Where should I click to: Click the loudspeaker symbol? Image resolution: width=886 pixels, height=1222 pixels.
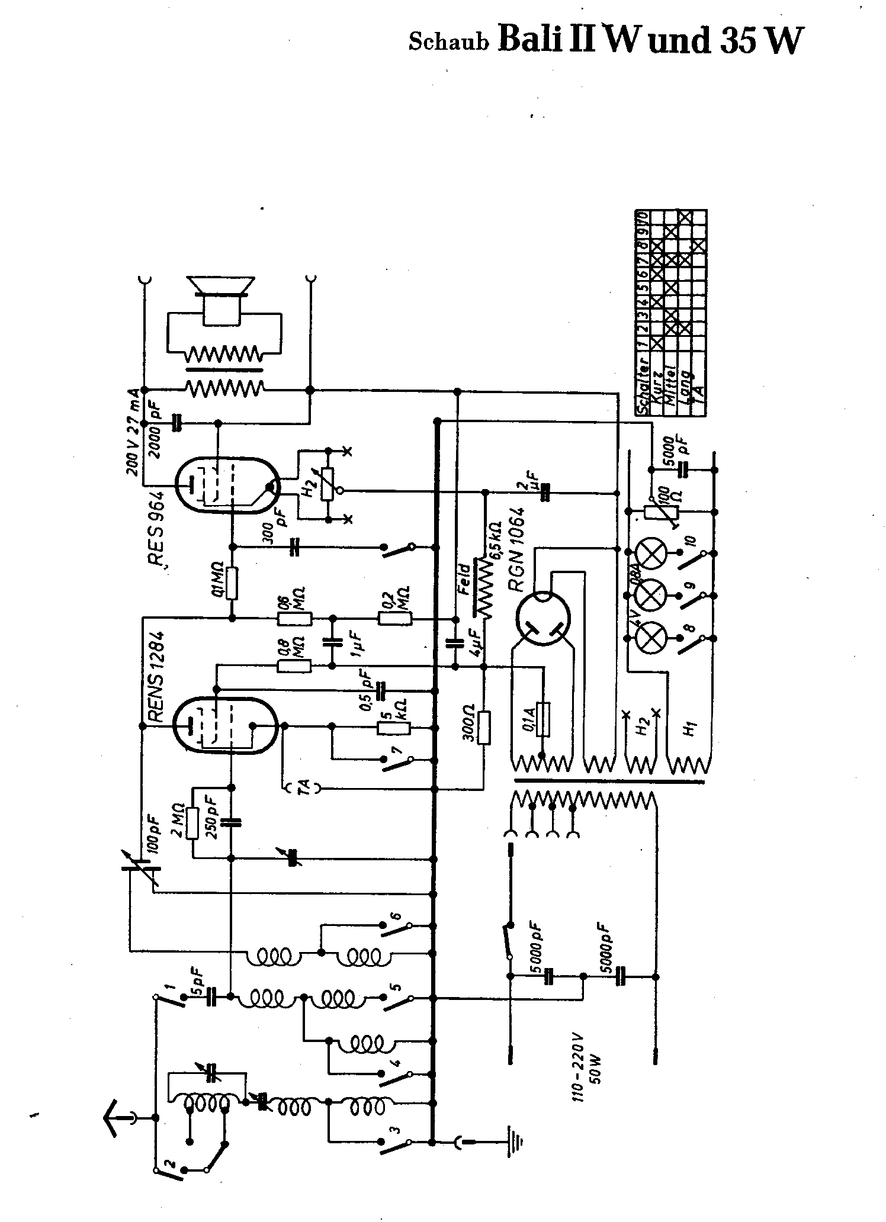pyautogui.click(x=221, y=302)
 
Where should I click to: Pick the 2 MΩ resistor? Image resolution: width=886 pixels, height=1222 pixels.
pyautogui.click(x=191, y=823)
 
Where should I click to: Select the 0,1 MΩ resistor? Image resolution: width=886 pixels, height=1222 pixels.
pyautogui.click(x=232, y=583)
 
